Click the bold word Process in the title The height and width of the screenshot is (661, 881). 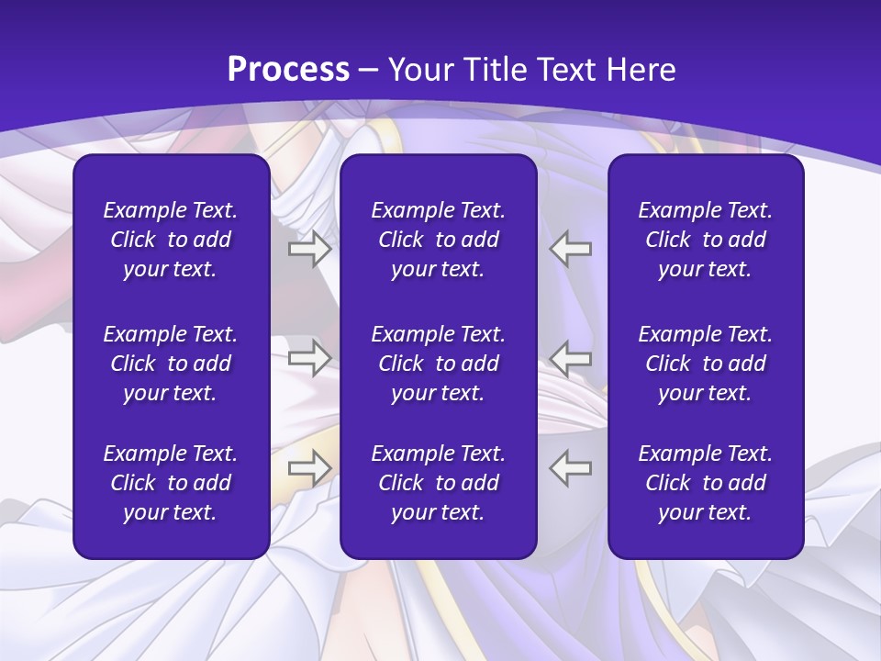click(288, 70)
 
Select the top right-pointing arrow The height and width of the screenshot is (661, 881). click(309, 249)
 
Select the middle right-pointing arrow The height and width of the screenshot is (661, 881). click(309, 358)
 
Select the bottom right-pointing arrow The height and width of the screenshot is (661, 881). click(309, 468)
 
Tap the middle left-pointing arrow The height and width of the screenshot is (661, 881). click(571, 358)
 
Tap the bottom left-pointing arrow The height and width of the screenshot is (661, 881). click(571, 468)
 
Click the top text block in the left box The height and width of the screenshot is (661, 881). click(171, 240)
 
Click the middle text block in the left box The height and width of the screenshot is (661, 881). click(171, 364)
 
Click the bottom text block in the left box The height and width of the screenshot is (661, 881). click(171, 483)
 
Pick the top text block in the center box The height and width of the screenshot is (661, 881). click(439, 240)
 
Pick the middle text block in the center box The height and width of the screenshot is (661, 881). click(439, 364)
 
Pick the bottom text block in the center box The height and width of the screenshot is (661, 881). click(439, 483)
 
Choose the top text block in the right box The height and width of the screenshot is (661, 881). click(706, 240)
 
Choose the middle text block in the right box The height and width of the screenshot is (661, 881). click(706, 364)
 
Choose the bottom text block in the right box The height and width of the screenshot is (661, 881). click(706, 483)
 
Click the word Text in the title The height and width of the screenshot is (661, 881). click(567, 70)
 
